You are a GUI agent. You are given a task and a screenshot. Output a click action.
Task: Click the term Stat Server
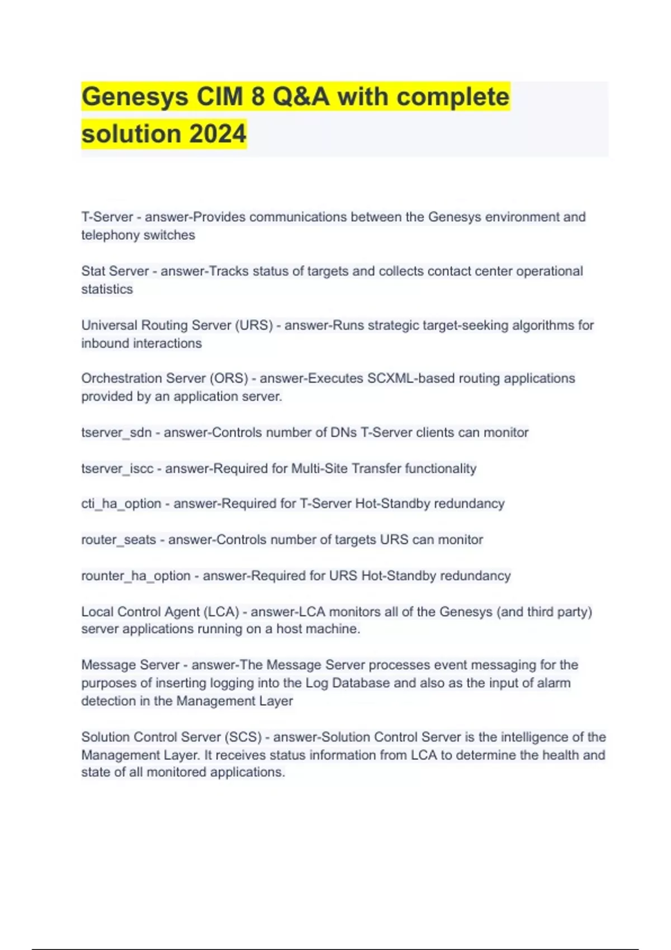[x=115, y=271]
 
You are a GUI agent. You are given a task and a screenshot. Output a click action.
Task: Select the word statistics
[x=107, y=289]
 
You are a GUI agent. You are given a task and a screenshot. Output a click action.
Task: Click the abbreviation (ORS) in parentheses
[x=229, y=378]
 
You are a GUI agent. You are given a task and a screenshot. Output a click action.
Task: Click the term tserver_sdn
[x=116, y=433]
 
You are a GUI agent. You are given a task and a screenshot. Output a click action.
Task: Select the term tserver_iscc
[x=117, y=468]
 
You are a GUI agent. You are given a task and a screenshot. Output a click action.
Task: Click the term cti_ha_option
[x=121, y=503]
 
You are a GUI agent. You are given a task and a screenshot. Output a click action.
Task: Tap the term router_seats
[x=119, y=540]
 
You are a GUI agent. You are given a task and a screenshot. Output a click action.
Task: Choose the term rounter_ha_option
[x=136, y=576]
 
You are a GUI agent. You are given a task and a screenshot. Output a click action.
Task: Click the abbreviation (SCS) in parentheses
[x=243, y=737]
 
